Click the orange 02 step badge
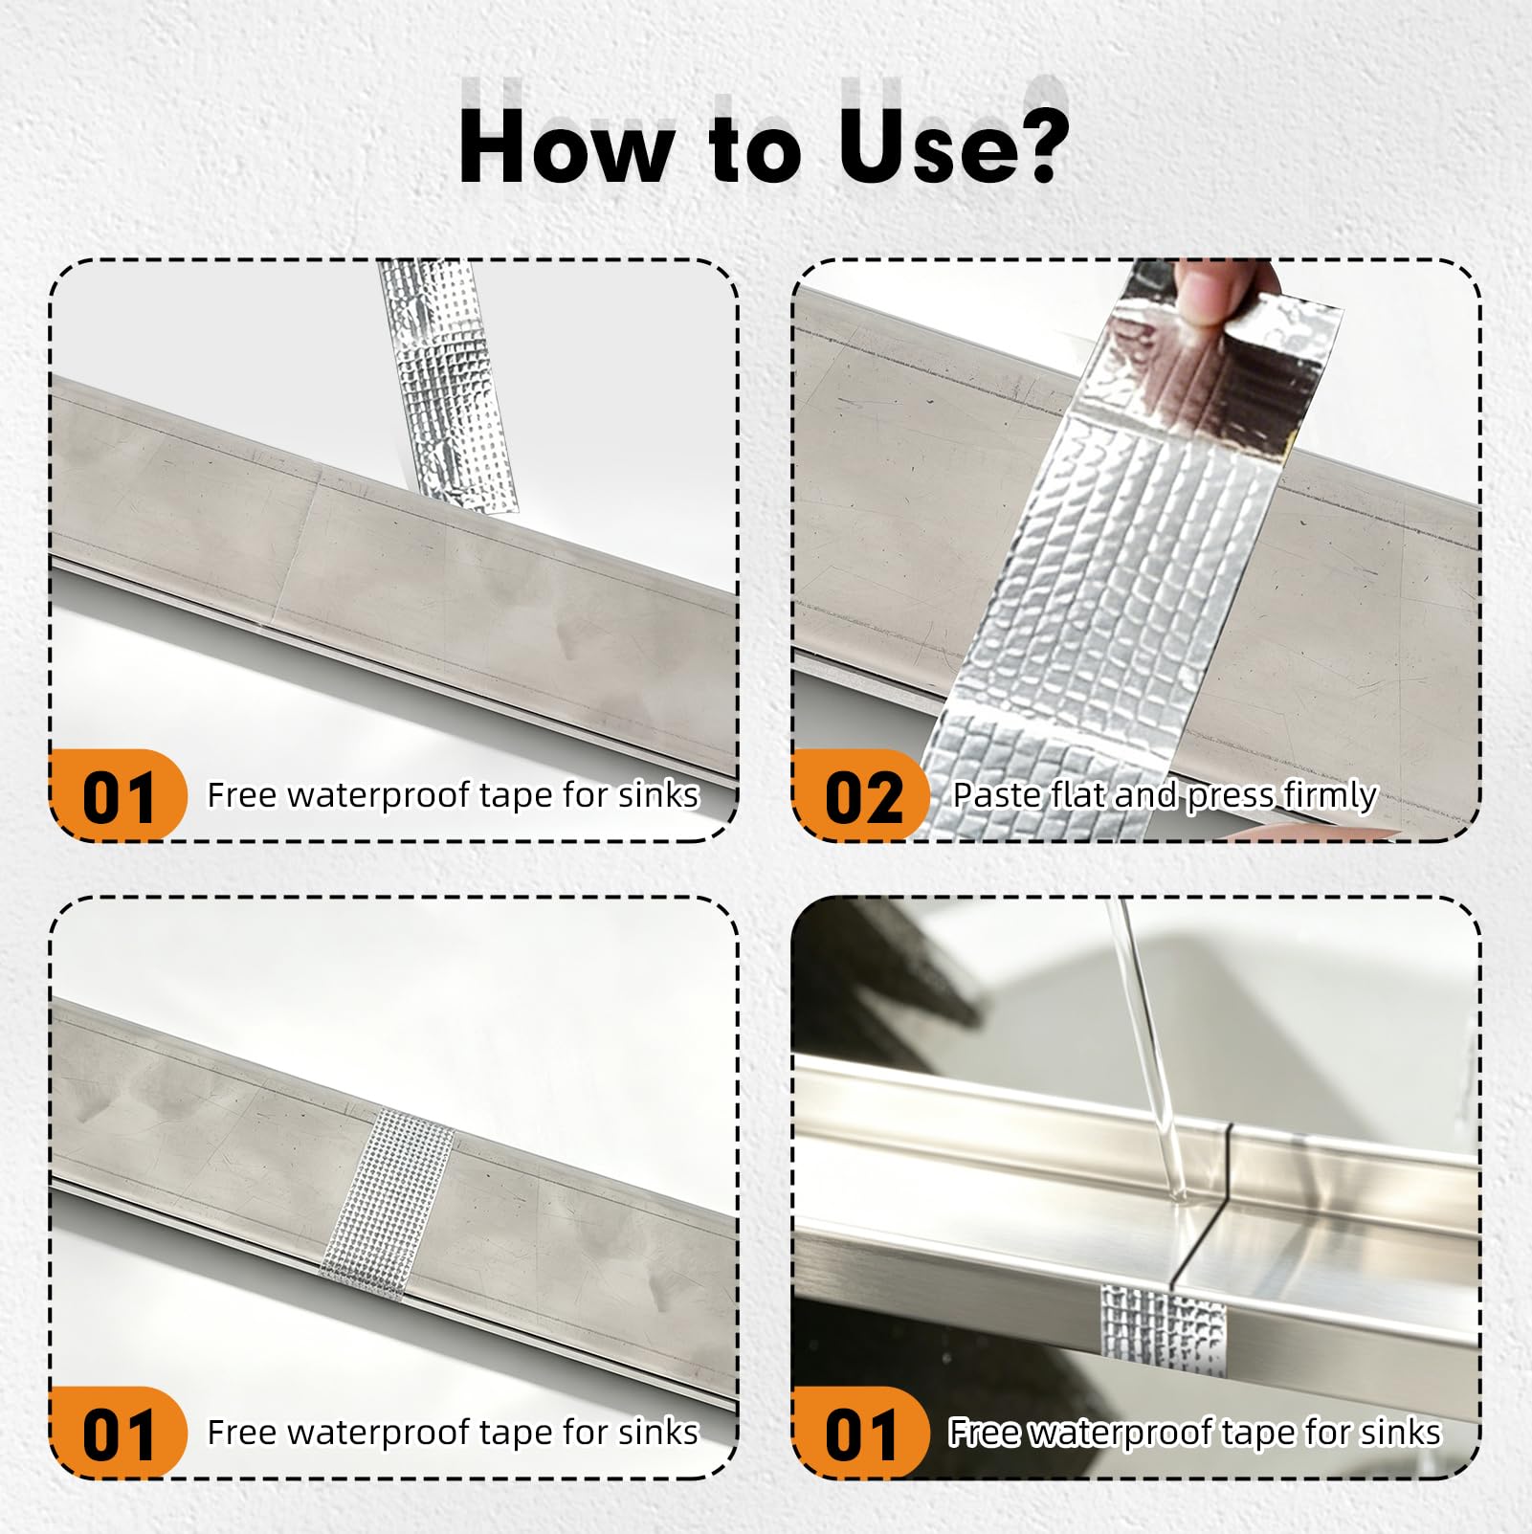(x=860, y=795)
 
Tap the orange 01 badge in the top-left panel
(x=118, y=795)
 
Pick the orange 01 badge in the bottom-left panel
(x=118, y=1433)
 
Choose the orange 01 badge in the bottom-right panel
(x=860, y=1433)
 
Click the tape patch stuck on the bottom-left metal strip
(x=387, y=1205)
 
